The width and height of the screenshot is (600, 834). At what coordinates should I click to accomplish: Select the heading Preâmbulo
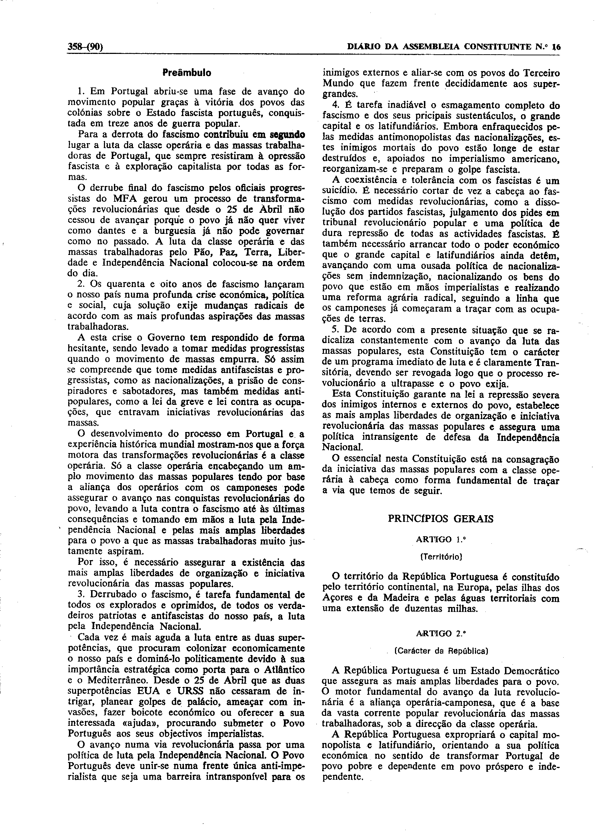pyautogui.click(x=187, y=73)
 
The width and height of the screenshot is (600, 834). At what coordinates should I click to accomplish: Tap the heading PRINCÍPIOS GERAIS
pyautogui.click(x=441, y=519)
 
